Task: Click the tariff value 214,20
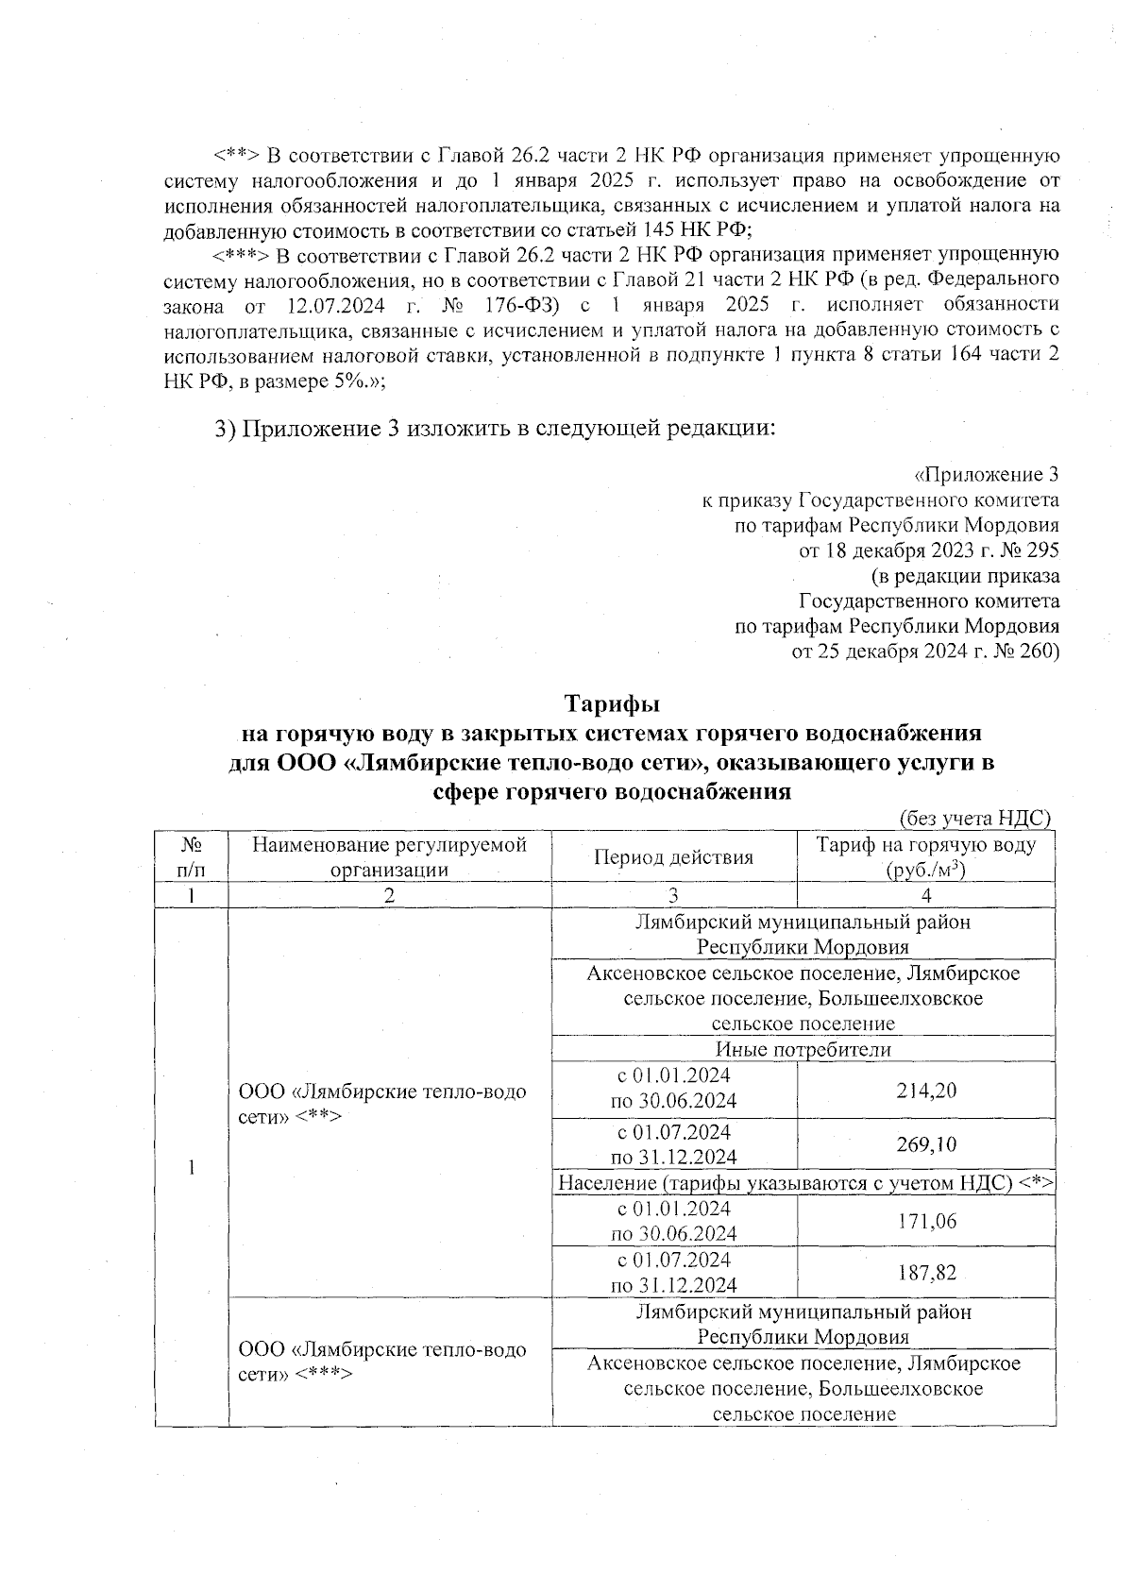926,1091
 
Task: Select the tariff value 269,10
926,1144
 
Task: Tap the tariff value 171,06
926,1221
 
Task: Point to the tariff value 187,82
926,1273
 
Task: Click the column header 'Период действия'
673,857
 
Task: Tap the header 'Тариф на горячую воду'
926,845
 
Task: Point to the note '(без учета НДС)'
974,819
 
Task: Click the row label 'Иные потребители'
803,1049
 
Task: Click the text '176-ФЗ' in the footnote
511,305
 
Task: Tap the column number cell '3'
673,896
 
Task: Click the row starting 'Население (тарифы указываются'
804,1182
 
